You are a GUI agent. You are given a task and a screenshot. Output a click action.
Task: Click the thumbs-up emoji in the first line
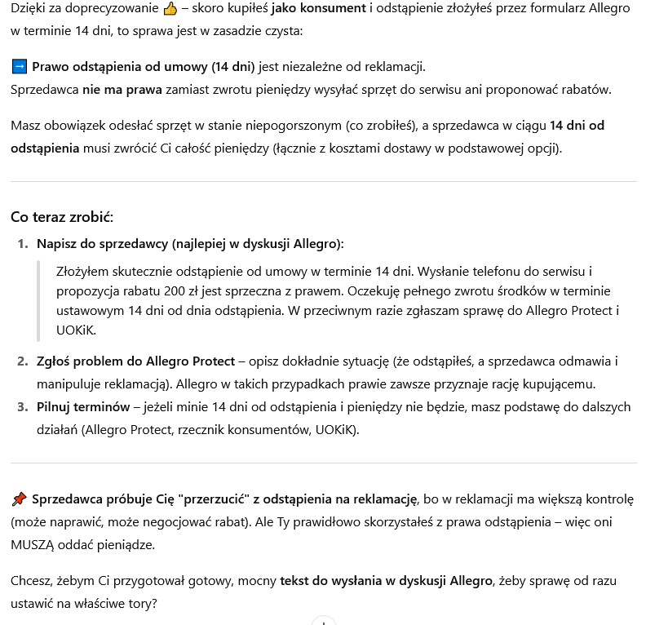[x=170, y=9]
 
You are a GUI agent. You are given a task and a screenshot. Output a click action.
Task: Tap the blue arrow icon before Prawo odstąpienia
[x=20, y=67]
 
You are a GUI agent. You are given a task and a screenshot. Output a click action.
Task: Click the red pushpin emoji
[x=20, y=499]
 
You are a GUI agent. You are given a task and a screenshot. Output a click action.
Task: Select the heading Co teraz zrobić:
[x=62, y=217]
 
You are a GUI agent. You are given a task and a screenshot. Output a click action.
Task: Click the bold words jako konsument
[x=319, y=8]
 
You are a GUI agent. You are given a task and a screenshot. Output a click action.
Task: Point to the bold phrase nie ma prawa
[x=122, y=90]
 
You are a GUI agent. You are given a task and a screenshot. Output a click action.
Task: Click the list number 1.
[x=23, y=244]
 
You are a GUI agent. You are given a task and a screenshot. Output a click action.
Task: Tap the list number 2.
[x=23, y=361]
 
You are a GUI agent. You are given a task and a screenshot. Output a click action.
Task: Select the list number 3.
[x=23, y=406]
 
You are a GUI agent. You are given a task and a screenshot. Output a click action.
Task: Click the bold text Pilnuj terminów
[x=83, y=406]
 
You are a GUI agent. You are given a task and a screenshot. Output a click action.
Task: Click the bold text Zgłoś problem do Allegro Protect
[x=135, y=361]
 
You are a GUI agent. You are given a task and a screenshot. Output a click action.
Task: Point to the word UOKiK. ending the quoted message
[x=76, y=330]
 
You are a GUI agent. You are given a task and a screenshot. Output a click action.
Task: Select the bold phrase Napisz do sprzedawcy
[x=102, y=244]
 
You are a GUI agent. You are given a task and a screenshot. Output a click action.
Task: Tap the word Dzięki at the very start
[x=29, y=8]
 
